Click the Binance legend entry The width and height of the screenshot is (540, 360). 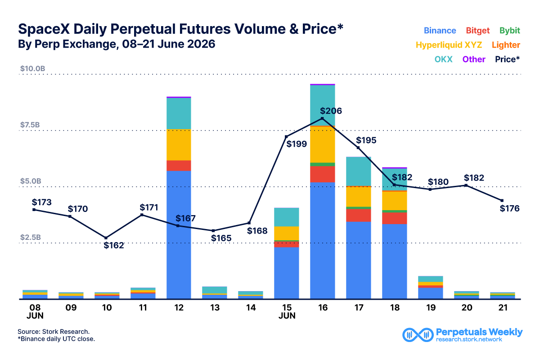[440, 31]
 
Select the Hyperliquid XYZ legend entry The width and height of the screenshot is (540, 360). [449, 45]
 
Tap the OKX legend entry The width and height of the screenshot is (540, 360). [443, 59]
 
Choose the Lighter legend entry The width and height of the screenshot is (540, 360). [506, 45]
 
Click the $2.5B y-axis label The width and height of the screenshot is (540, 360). [31, 237]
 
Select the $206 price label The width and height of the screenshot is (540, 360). [331, 111]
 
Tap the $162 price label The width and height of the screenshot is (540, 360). [113, 245]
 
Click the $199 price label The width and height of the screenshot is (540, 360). [296, 144]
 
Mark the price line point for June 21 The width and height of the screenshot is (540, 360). [502, 201]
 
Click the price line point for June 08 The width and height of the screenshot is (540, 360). [34, 210]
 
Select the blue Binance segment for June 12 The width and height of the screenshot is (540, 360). [179, 235]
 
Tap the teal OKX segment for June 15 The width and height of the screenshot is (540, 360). [286, 217]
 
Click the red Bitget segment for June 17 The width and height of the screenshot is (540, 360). [359, 215]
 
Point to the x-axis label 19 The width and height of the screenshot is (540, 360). [431, 308]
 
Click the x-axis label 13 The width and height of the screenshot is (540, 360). [215, 308]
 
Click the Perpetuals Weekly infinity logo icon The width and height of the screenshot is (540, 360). [418, 335]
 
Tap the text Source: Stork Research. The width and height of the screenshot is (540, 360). [54, 332]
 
